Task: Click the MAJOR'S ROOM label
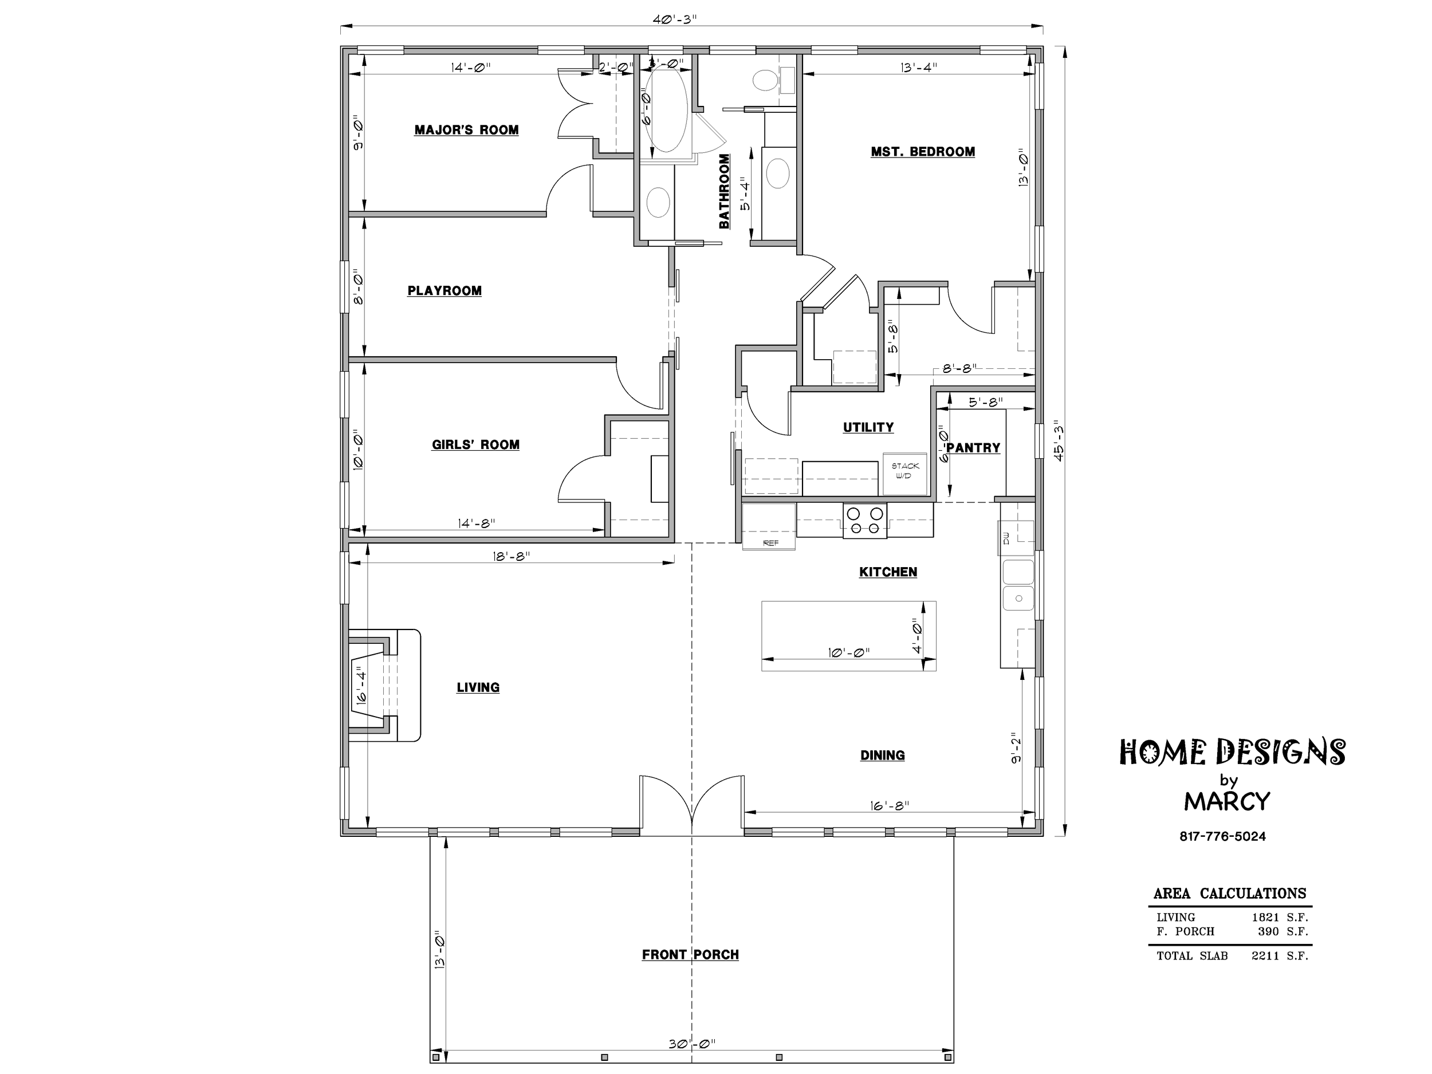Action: point(466,130)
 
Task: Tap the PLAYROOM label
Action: point(444,290)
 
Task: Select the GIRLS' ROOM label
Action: point(475,444)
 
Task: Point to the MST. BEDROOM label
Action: point(923,151)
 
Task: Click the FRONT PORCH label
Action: point(690,954)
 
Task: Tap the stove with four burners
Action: point(865,521)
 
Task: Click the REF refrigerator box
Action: point(769,526)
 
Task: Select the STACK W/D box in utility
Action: point(904,474)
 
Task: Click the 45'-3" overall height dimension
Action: point(1059,442)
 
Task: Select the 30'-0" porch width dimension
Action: point(691,1044)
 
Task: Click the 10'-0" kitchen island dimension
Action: point(848,652)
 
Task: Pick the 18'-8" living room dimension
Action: point(512,556)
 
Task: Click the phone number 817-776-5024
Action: point(1222,836)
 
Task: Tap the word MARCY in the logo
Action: point(1227,801)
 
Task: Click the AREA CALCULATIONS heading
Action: point(1229,894)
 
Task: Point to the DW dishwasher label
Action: point(1006,538)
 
